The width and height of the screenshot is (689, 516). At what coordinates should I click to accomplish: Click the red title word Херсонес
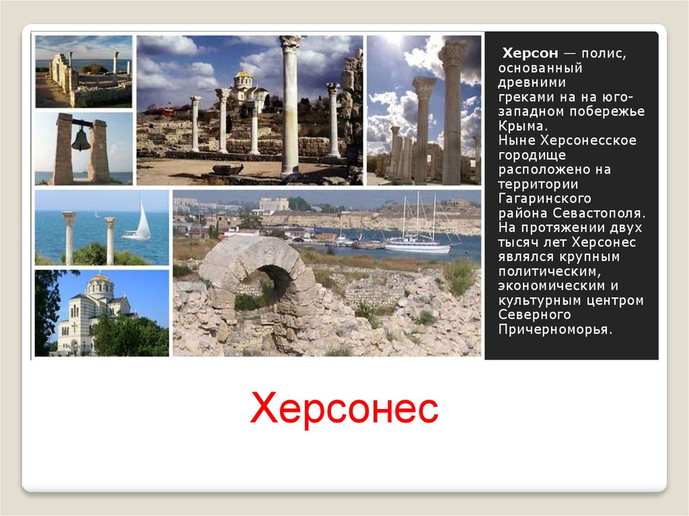[344, 408]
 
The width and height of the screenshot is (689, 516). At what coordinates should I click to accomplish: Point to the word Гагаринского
[545, 198]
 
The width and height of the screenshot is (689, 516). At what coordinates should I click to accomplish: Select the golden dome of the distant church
[243, 74]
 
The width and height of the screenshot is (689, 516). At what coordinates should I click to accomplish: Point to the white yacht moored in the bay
[417, 246]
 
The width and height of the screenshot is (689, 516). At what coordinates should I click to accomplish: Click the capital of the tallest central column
[290, 43]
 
